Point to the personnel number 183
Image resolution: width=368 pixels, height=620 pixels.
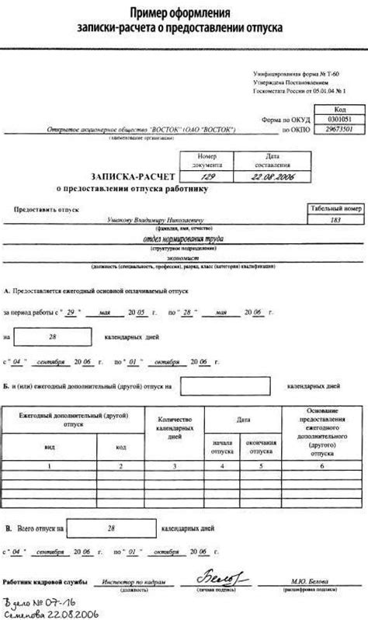(335, 221)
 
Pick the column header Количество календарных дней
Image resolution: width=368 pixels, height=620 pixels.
(175, 426)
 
